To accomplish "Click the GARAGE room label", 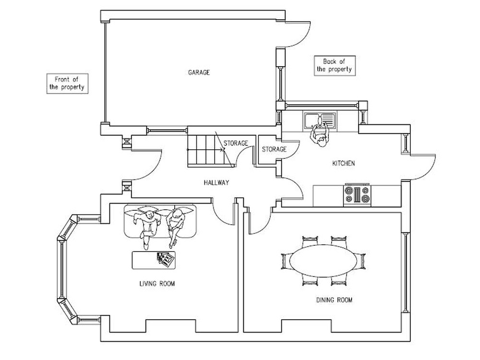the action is (x=199, y=72).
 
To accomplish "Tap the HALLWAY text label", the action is (x=216, y=183).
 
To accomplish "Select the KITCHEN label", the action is (x=344, y=164).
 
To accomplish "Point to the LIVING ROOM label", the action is (x=157, y=284).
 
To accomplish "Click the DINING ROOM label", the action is (x=334, y=300).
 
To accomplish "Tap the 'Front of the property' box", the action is (x=67, y=84).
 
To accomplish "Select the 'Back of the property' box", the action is (x=335, y=65).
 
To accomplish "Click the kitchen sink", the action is (x=320, y=120).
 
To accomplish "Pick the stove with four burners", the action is (x=357, y=195).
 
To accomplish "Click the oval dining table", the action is (x=323, y=261).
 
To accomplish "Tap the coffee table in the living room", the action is (x=154, y=260).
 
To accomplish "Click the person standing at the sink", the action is (x=320, y=135).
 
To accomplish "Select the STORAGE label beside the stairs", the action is (x=236, y=143).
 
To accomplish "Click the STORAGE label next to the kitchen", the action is (x=274, y=149).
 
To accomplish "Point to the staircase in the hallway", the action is (x=211, y=151).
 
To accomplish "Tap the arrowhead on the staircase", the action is (x=224, y=150).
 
